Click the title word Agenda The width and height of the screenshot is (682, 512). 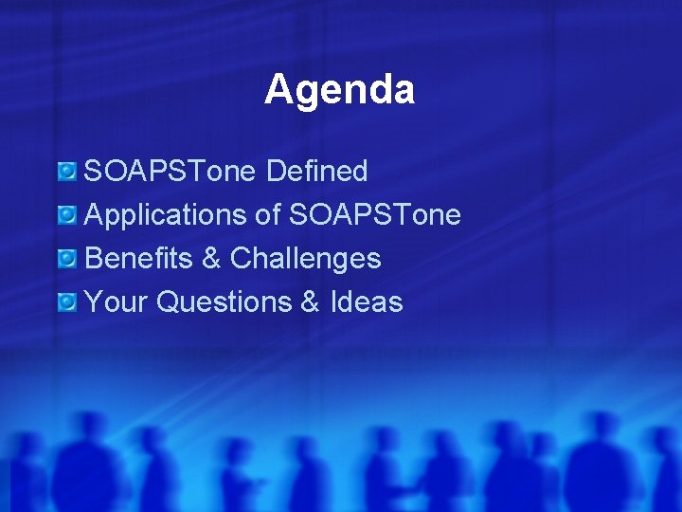tap(339, 90)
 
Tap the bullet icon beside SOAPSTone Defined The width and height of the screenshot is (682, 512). tap(67, 172)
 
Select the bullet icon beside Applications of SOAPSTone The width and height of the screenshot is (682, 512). tap(67, 215)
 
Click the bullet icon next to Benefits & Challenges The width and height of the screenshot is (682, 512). tap(67, 259)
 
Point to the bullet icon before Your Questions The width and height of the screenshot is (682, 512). tap(67, 302)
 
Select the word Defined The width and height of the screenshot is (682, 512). tap(317, 172)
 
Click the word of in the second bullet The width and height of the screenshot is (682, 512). tap(268, 215)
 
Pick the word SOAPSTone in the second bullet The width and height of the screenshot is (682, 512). tap(375, 215)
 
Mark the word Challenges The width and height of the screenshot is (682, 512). tap(306, 259)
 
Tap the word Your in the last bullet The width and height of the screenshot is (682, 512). tap(117, 302)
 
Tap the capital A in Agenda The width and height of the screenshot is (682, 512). tap(278, 90)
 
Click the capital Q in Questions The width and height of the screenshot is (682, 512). tap(168, 302)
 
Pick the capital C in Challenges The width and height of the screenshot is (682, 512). tap(242, 259)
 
